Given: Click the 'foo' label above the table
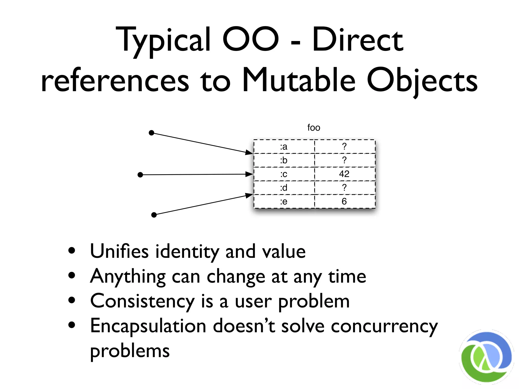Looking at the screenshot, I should [x=313, y=128].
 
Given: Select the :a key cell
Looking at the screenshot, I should [x=284, y=147].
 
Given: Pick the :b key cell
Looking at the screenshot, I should [x=284, y=160].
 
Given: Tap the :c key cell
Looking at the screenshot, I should [x=284, y=174].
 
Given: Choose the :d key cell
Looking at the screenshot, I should [x=284, y=188].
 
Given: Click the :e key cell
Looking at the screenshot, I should [x=284, y=202].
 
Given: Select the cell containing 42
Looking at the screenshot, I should [x=344, y=174].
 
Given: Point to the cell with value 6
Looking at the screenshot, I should [x=344, y=202].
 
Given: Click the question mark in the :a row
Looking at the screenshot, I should [x=344, y=146].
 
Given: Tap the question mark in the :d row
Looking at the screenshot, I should [x=344, y=188].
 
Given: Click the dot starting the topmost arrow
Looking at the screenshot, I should [x=152, y=133].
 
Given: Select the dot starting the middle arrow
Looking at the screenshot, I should [x=140, y=175].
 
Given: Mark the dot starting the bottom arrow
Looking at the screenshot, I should [x=154, y=215].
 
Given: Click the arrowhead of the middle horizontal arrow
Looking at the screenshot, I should [x=249, y=174].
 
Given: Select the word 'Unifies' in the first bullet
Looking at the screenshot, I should [x=119, y=251].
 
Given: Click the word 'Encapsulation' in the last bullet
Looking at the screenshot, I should [x=148, y=326].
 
